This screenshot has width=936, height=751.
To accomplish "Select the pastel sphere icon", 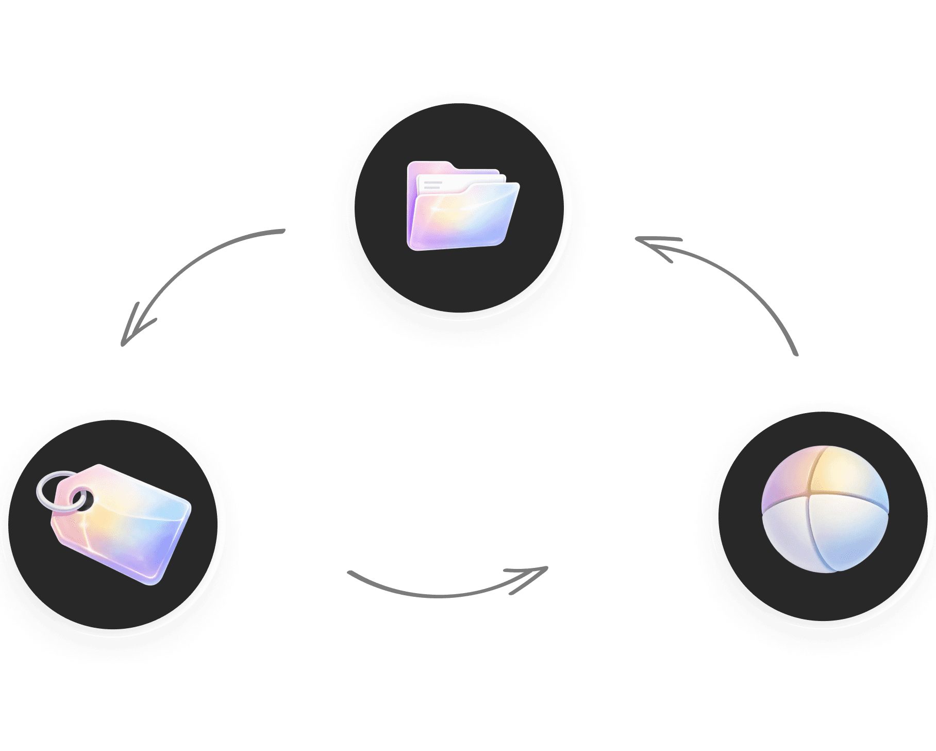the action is [825, 509].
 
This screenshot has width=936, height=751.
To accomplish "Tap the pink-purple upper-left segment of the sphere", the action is [786, 480].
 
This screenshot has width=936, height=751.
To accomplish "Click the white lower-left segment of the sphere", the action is [789, 536].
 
